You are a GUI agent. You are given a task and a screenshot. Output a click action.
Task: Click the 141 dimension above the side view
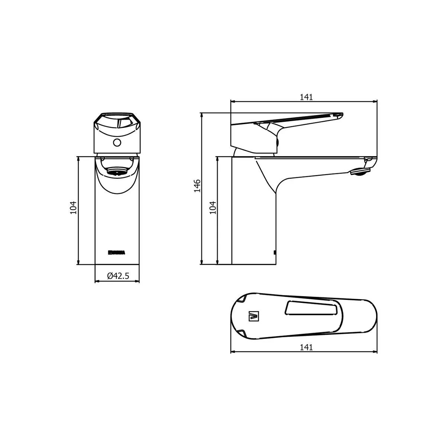click(306, 97)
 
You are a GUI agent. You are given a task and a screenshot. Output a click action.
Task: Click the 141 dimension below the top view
click(306, 347)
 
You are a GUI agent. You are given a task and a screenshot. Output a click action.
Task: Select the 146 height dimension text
click(197, 185)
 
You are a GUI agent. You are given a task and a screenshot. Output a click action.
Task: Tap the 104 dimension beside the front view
click(73, 208)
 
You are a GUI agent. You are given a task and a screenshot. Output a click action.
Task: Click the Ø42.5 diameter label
click(118, 276)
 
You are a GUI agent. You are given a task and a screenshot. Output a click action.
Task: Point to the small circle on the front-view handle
click(117, 142)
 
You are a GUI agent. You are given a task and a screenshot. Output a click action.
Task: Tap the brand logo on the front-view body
click(117, 252)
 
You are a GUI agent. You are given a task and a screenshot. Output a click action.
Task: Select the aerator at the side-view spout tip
click(361, 171)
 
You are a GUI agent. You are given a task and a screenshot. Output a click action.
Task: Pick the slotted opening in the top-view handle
click(311, 309)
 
